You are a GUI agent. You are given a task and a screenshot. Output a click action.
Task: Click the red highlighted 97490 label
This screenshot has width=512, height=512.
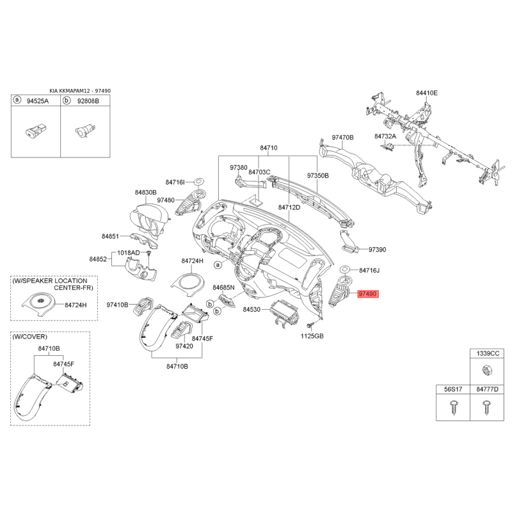click(x=367, y=294)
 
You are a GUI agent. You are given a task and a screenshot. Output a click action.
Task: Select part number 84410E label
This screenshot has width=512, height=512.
click(x=427, y=93)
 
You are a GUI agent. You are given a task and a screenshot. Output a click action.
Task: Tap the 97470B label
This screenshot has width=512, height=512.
click(x=343, y=138)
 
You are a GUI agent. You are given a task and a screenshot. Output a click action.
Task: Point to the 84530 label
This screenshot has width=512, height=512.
click(x=252, y=309)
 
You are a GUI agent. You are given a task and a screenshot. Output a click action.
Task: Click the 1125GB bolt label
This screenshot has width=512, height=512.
click(x=312, y=335)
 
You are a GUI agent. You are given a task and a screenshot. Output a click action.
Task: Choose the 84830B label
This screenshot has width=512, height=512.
click(x=146, y=193)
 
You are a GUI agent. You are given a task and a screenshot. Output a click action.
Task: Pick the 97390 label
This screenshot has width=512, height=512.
click(x=378, y=250)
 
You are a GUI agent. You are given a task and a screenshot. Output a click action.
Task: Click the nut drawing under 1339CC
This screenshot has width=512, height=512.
click(x=487, y=370)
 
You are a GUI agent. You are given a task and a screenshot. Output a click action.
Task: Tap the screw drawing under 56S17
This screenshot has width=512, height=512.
click(x=453, y=407)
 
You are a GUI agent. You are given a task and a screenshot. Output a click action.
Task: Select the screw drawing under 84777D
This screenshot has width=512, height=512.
click(x=486, y=407)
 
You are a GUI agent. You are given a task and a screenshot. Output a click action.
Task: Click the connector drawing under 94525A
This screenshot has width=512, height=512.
click(x=36, y=130)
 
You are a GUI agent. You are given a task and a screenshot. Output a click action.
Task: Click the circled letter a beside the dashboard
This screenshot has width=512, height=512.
click(x=218, y=264)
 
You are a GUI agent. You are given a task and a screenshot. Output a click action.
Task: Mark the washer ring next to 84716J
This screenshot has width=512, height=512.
click(x=345, y=270)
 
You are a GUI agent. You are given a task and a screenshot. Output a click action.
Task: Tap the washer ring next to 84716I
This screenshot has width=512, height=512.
click(x=198, y=181)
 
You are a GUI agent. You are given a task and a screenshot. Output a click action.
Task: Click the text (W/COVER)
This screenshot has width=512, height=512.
click(x=29, y=337)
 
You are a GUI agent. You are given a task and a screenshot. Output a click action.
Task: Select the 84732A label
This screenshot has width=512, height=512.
click(x=385, y=136)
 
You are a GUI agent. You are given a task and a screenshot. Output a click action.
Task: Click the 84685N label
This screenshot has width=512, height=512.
click(x=223, y=287)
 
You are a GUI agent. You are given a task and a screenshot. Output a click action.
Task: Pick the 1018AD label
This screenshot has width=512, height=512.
click(x=129, y=253)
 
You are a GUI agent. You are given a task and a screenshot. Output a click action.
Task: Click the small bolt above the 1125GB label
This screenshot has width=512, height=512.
click(x=310, y=326)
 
